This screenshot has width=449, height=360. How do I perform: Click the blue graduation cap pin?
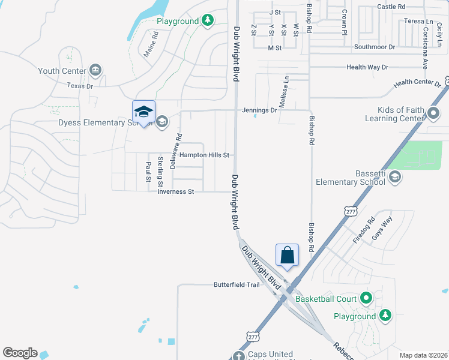coord(143,112)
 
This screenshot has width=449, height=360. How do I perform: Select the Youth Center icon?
coord(95,71)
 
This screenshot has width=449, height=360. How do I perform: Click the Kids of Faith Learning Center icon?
coord(434,112)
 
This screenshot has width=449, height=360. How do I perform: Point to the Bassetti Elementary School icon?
coord(395,176)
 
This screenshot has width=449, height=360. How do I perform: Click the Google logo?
coord(20,353)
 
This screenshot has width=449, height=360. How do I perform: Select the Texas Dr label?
coord(80,86)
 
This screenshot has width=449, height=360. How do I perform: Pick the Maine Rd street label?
coord(150,44)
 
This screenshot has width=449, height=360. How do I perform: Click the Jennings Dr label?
coord(259,110)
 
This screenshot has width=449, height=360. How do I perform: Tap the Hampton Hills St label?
coord(202,155)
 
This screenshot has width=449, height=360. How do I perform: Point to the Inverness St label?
coord(176,192)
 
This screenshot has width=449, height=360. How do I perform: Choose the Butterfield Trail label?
coord(237,284)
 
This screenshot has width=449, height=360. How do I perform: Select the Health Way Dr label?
coord(367,67)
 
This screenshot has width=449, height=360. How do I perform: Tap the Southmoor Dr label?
coord(375,46)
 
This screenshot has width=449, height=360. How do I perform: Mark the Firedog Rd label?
coord(363,230)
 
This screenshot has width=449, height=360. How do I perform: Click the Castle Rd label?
coord(391,7)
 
